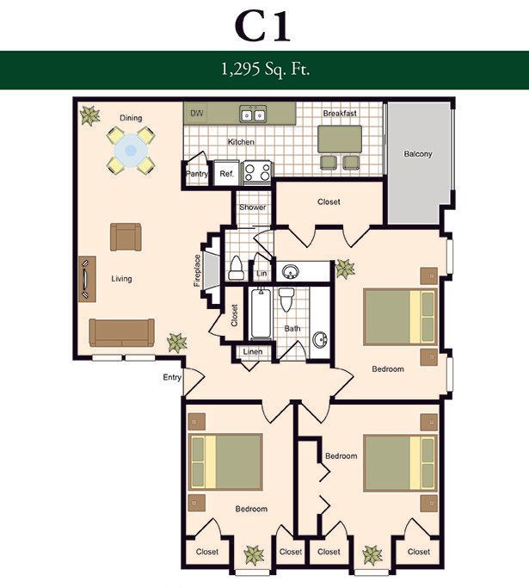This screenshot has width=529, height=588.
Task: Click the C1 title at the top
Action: (262, 27)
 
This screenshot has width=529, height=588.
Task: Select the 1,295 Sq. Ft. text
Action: (265, 70)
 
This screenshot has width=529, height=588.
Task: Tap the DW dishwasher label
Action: (197, 113)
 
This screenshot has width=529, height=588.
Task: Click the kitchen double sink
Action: (253, 114)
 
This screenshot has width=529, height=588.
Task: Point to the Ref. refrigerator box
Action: (227, 174)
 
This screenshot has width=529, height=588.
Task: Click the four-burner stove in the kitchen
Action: (257, 172)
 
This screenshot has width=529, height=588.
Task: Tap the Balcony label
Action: (418, 154)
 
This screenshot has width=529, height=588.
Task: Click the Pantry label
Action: (197, 174)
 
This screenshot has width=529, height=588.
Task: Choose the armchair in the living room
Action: (126, 237)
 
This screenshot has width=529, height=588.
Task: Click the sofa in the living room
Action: (122, 332)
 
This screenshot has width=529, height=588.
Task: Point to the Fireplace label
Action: (198, 270)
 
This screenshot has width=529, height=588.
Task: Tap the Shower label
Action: (253, 207)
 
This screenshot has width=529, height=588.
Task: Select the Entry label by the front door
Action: (172, 377)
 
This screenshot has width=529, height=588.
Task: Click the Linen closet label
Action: (253, 352)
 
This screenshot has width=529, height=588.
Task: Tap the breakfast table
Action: (340, 139)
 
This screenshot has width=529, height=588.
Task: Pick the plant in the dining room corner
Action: (90, 115)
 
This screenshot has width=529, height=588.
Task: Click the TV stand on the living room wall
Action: (87, 280)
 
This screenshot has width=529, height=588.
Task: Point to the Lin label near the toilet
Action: (261, 274)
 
